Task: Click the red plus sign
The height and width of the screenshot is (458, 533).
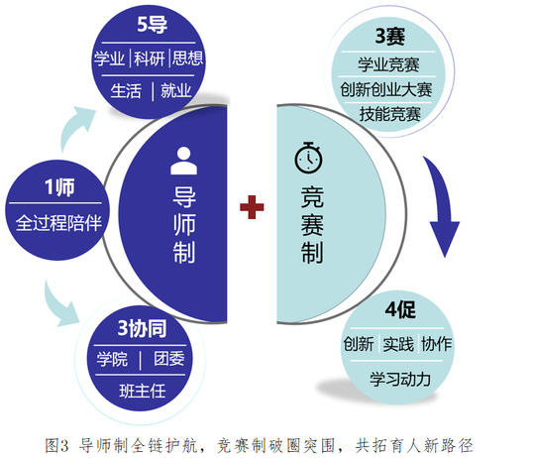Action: click(252, 207)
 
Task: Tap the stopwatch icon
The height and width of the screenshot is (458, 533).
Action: click(308, 158)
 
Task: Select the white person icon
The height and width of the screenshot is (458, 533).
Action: click(183, 161)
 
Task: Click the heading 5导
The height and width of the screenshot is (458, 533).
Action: click(152, 25)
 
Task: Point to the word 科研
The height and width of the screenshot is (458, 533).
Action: click(150, 58)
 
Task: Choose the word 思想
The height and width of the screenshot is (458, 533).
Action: click(187, 58)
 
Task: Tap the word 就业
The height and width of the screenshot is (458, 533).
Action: click(176, 90)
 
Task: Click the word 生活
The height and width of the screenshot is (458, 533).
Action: click(126, 91)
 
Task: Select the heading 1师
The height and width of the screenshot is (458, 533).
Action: click(59, 187)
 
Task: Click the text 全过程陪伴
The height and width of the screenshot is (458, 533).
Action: click(58, 223)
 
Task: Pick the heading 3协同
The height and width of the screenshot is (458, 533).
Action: click(142, 328)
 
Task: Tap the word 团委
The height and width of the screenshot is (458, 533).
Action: click(169, 359)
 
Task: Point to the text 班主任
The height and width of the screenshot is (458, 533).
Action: click(143, 391)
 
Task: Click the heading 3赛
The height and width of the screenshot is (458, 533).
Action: click(390, 36)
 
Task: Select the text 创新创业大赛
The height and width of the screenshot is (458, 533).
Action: click(386, 89)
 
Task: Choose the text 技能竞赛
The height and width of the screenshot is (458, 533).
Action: click(390, 114)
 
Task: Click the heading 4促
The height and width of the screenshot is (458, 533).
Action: click(400, 309)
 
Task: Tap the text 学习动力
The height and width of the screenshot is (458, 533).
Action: click(400, 379)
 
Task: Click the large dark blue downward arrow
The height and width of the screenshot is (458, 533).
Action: click(442, 206)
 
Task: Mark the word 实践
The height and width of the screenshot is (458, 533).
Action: click(398, 344)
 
